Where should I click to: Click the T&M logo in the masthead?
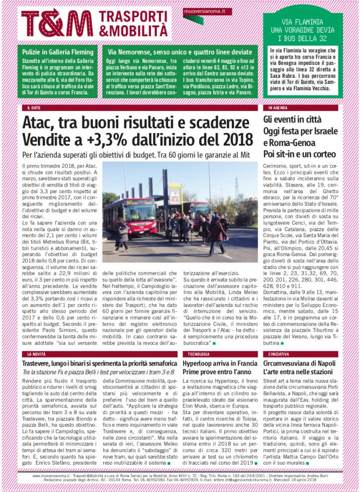pyautogui.click(x=56, y=23)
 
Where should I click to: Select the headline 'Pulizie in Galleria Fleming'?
pyautogui.click(x=54, y=51)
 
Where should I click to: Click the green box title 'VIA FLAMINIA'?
pyautogui.click(x=302, y=21)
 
